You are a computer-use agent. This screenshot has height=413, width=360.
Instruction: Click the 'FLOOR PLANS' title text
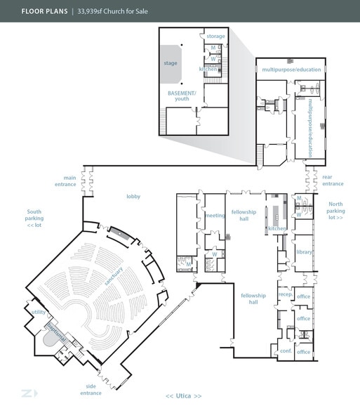[44, 11]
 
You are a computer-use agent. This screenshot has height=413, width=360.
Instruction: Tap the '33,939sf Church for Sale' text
[112, 11]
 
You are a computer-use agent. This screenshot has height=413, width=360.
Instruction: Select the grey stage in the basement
[171, 65]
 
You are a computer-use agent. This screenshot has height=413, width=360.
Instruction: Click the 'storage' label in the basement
[215, 37]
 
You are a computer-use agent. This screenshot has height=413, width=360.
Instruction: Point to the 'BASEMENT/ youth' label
[182, 96]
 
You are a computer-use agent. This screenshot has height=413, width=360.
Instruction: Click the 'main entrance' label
[65, 181]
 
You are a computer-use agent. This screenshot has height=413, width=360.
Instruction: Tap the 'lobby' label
[133, 197]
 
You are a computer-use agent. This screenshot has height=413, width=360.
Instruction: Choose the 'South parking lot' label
[34, 218]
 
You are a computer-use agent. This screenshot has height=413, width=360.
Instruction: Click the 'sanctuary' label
[114, 276]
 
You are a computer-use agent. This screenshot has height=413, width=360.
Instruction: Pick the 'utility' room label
[39, 312]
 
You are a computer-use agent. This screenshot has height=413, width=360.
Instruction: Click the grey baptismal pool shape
[50, 339]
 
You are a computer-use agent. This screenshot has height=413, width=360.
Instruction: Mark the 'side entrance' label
[91, 390]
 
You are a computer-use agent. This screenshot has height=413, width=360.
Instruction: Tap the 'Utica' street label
[183, 396]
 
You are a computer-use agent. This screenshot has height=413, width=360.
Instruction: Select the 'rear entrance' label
[333, 180]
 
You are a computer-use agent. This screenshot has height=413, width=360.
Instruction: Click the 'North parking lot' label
[335, 211]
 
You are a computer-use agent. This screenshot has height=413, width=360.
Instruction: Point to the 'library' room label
[304, 252]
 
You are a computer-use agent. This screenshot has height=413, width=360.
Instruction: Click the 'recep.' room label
[286, 294]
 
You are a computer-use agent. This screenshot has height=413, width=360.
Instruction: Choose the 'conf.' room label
[286, 351]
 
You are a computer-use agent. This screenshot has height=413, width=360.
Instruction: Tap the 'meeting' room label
[215, 216]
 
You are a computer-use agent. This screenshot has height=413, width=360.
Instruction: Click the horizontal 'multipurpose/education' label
[291, 70]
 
